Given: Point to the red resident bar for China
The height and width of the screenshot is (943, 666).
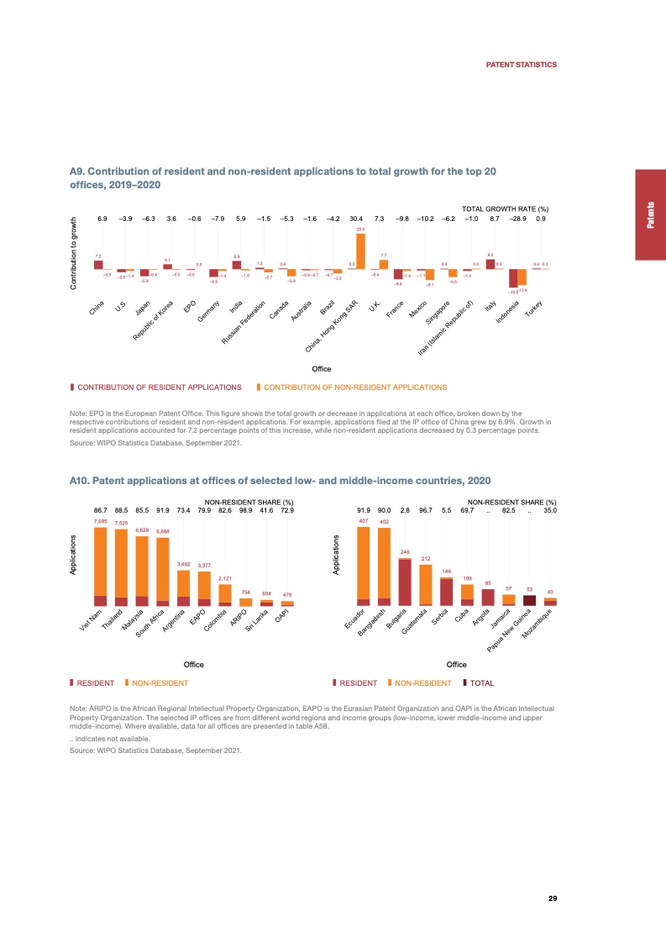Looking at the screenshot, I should pyautogui.click(x=98, y=264).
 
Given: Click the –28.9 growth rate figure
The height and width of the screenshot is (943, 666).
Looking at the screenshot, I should pyautogui.click(x=517, y=219).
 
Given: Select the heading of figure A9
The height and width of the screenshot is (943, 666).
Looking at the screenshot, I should pyautogui.click(x=284, y=177).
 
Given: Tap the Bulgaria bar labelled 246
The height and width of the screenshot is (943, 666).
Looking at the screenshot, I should pyautogui.click(x=405, y=582).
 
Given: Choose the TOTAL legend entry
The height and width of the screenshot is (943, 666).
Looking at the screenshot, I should pyautogui.click(x=481, y=683).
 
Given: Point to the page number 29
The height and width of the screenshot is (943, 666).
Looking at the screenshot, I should pyautogui.click(x=553, y=898).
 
